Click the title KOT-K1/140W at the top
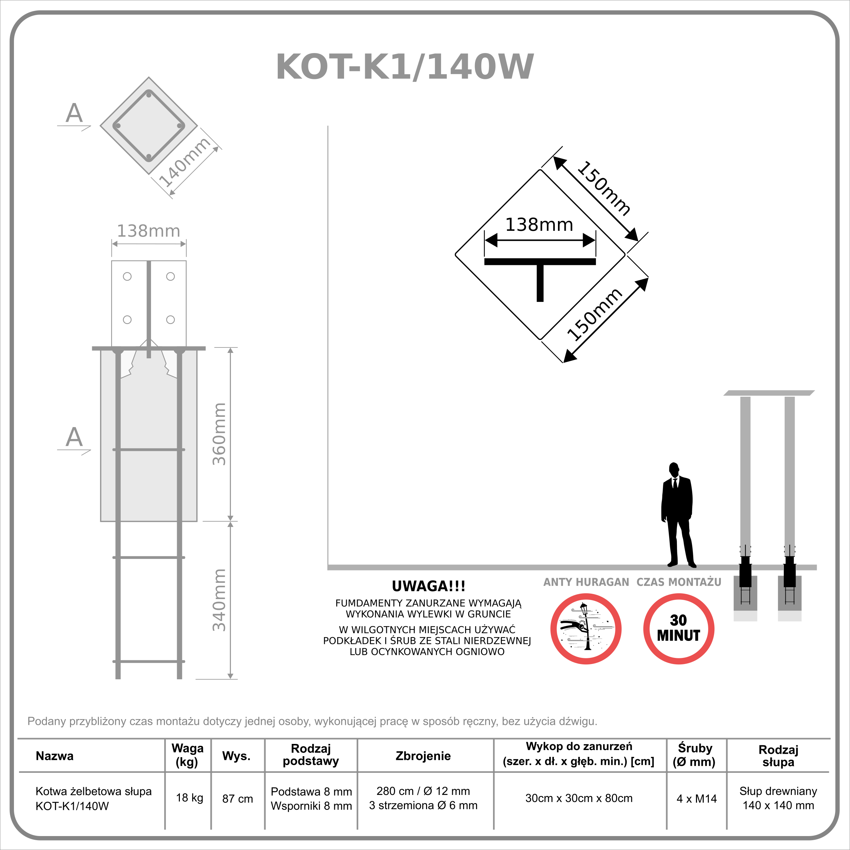405,67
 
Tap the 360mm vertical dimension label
219,434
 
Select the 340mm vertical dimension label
219,600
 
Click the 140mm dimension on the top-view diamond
184,162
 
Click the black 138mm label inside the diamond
539,224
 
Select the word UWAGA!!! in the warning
428,586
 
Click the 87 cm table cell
238,799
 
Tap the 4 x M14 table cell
696,799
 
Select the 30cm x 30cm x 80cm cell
579,798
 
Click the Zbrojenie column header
423,756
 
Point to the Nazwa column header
54,756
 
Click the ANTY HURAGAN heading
586,582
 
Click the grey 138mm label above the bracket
148,231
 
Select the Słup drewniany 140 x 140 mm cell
778,798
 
